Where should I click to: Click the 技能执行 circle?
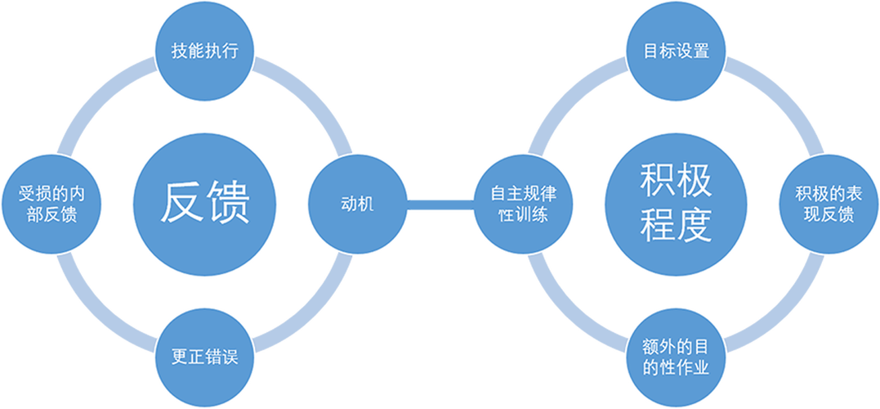(205, 51)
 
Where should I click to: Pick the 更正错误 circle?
(205, 358)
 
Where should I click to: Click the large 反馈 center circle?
(205, 204)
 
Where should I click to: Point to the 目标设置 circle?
(677, 51)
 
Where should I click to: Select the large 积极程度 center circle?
(677, 204)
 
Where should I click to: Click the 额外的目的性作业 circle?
(677, 358)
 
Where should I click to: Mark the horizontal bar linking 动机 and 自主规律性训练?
(441, 204)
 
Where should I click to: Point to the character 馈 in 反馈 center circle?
(228, 203)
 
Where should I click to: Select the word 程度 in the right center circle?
(677, 225)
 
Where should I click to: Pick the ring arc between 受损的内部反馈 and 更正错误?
(96, 313)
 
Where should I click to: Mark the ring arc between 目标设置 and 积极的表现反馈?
(785, 97)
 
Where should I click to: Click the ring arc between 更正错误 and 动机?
(313, 313)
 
